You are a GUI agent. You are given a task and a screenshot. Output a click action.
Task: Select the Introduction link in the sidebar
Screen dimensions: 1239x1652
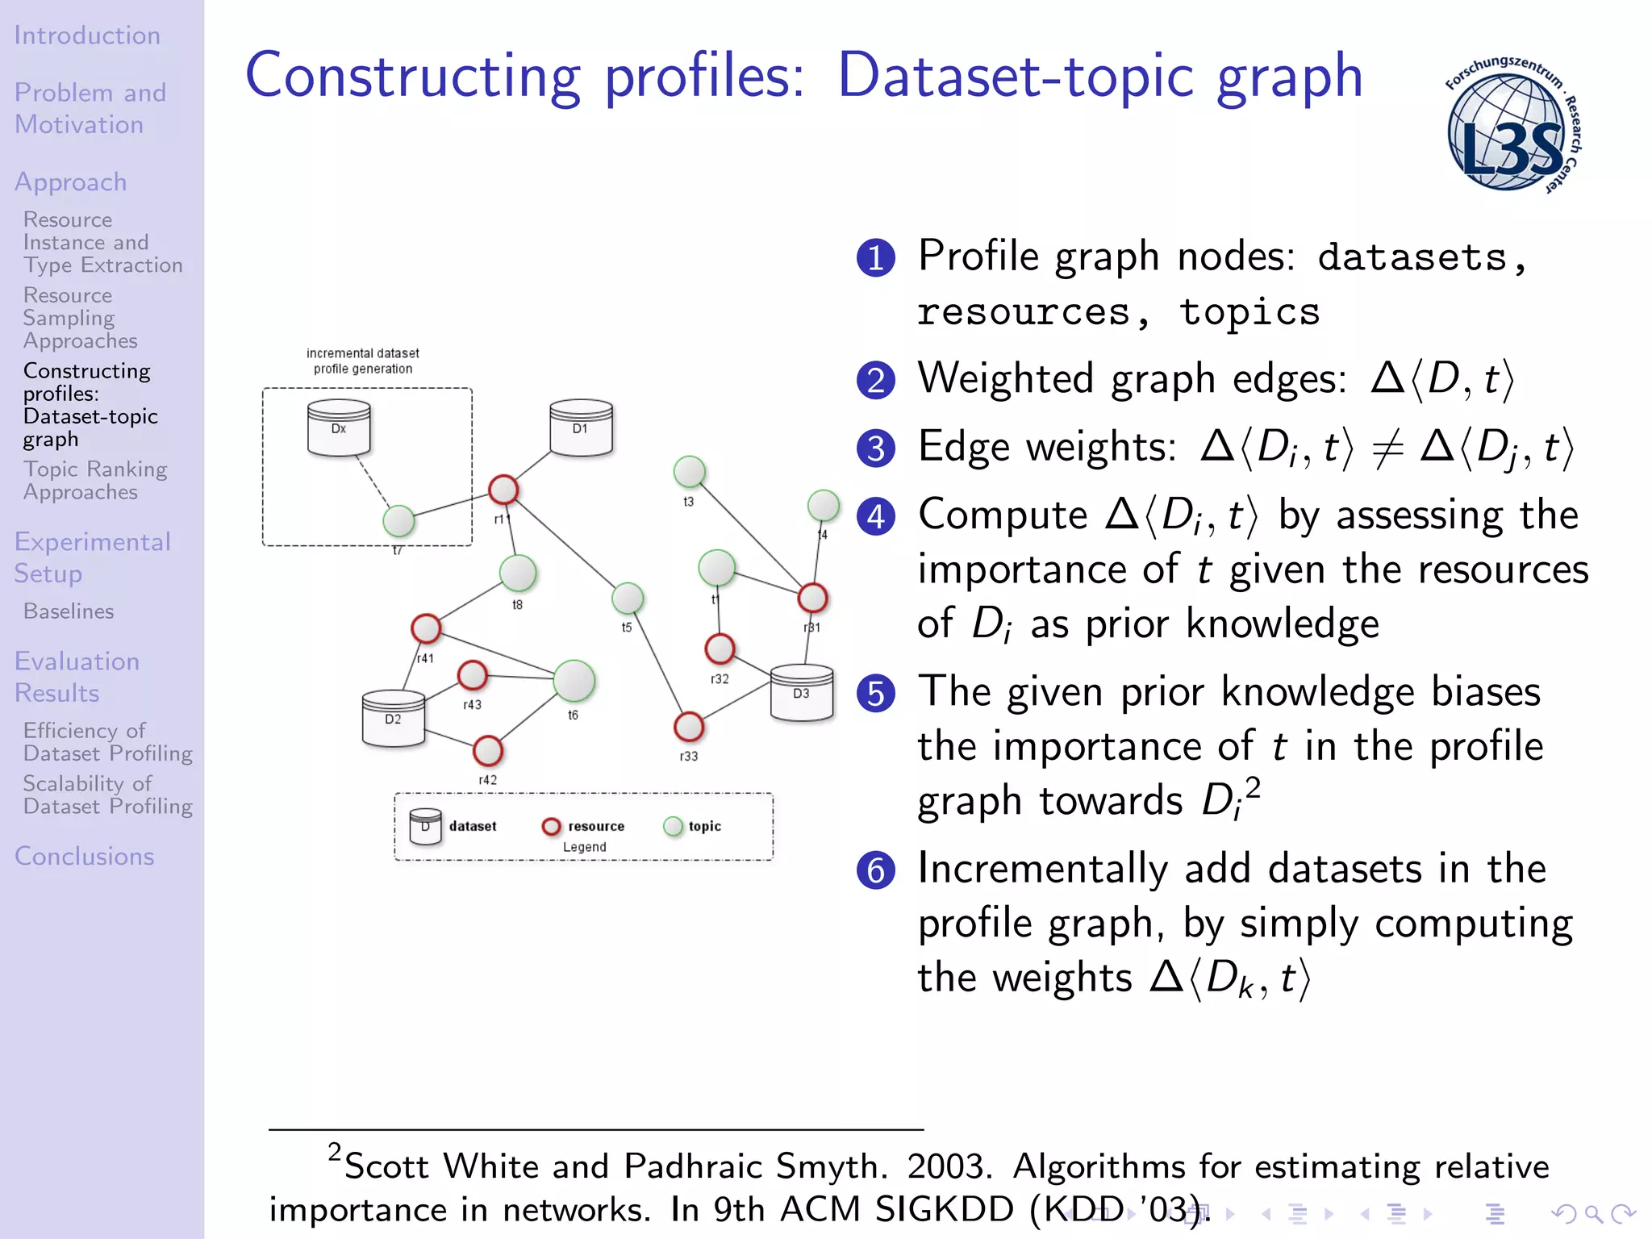pyautogui.click(x=87, y=35)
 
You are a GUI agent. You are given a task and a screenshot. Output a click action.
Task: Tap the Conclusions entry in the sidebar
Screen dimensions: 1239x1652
pyautogui.click(x=84, y=856)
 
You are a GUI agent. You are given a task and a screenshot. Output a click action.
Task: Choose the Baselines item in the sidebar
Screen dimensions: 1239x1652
pyautogui.click(x=69, y=611)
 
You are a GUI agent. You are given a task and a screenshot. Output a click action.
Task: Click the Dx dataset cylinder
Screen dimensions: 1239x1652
pyautogui.click(x=339, y=428)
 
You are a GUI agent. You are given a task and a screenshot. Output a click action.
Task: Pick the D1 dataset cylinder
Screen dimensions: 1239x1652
pyautogui.click(x=581, y=428)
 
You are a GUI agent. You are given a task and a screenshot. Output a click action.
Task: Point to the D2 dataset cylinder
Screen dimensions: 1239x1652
pyautogui.click(x=393, y=718)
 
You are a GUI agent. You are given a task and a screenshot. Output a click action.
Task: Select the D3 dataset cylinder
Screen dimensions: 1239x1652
pyautogui.click(x=801, y=692)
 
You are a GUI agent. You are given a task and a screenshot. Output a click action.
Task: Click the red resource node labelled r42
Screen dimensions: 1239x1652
pyautogui.click(x=488, y=751)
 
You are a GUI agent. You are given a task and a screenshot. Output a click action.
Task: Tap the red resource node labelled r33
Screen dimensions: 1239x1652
pyautogui.click(x=689, y=727)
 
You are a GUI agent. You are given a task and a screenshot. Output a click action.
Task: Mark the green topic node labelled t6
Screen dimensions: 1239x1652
pyautogui.click(x=574, y=680)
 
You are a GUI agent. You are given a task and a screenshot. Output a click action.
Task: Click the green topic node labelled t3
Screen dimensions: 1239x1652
pyautogui.click(x=690, y=472)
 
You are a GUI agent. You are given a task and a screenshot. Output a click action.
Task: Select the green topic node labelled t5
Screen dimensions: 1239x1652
pyautogui.click(x=628, y=598)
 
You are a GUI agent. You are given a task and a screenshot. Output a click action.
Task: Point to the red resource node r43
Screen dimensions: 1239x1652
pyautogui.click(x=473, y=675)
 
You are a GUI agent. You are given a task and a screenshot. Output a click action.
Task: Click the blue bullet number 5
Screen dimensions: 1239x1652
pyautogui.click(x=875, y=694)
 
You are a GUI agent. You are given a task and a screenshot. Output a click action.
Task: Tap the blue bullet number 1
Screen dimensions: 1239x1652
pyautogui.click(x=875, y=258)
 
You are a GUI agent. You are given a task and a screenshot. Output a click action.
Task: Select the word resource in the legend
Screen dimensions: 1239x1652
pyautogui.click(x=596, y=826)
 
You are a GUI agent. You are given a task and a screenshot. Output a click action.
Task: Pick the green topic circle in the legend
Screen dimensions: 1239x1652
pyautogui.click(x=673, y=826)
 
